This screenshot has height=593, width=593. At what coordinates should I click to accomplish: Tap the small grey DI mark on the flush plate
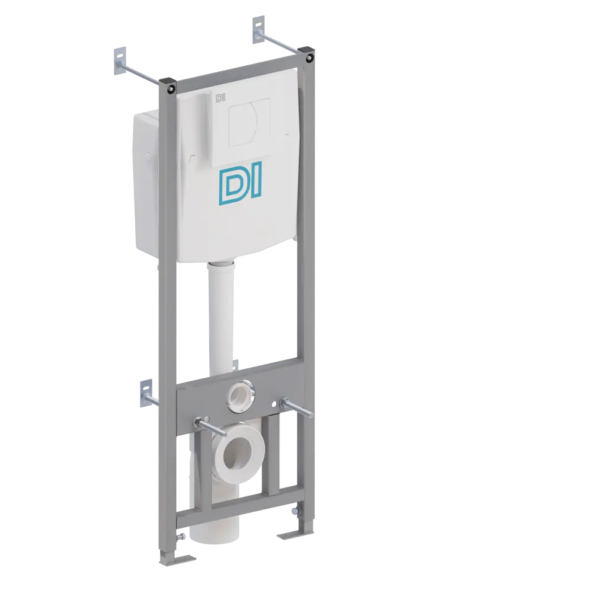219,97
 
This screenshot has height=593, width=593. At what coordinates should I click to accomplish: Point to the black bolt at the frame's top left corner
171,88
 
